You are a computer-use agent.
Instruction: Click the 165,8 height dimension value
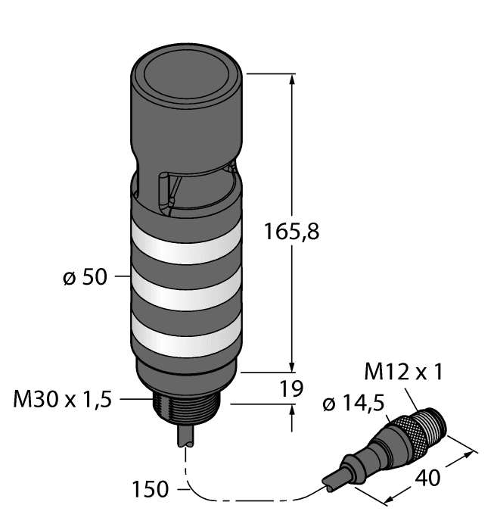pyautogui.click(x=290, y=232)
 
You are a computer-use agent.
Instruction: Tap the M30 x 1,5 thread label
pyautogui.click(x=62, y=400)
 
